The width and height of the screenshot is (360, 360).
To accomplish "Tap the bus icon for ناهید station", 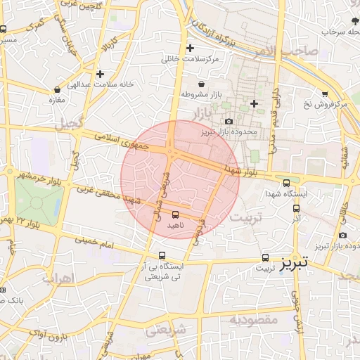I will pyautogui.click(x=175, y=214).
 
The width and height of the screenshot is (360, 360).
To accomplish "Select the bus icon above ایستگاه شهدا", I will pyautogui.click(x=286, y=183).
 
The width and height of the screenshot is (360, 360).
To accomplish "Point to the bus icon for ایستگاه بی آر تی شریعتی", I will pyautogui.click(x=162, y=255).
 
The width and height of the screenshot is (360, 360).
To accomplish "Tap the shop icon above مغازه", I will pyautogui.click(x=57, y=90).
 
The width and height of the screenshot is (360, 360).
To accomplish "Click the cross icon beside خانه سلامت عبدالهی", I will pyautogui.click(x=101, y=73).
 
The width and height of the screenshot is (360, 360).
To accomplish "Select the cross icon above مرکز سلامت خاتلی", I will pyautogui.click(x=190, y=49).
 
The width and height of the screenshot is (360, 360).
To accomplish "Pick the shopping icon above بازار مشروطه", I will pyautogui.click(x=201, y=84).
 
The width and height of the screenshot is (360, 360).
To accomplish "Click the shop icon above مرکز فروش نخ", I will pyautogui.click(x=325, y=94).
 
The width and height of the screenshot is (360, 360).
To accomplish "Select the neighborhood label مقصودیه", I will pyautogui.click(x=254, y=320).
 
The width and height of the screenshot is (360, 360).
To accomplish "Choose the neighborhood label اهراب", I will pyautogui.click(x=58, y=278).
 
